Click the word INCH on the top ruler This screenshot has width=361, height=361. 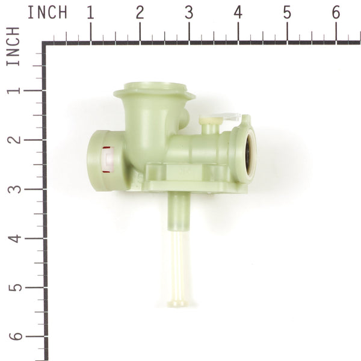tap(47, 12)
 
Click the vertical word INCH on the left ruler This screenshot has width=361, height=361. tap(13, 46)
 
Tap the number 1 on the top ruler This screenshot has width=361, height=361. tap(91, 12)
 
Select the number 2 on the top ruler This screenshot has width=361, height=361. tap(140, 12)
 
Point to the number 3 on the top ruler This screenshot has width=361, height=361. tap(189, 12)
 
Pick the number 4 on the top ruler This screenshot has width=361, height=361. tap(238, 12)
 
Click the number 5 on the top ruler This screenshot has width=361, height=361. tap(287, 12)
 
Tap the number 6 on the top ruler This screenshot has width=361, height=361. tap(336, 12)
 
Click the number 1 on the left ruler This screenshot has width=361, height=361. tap(13, 91)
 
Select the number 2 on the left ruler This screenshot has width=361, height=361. tap(13, 140)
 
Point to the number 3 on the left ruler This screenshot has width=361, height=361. tap(13, 189)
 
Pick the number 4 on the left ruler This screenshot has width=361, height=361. tap(13, 238)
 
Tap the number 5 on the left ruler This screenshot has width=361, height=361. tap(13, 287)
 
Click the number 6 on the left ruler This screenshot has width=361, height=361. tap(13, 336)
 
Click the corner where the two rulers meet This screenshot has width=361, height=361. tap(45, 43)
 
